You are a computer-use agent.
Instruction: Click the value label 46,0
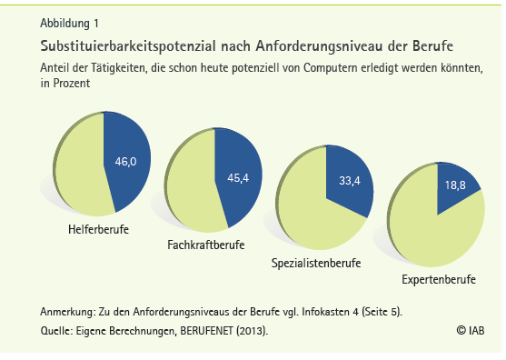click(124, 162)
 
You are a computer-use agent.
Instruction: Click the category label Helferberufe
click(98, 229)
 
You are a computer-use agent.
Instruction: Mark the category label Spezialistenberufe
click(317, 263)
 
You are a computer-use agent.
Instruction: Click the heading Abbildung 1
click(70, 23)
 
